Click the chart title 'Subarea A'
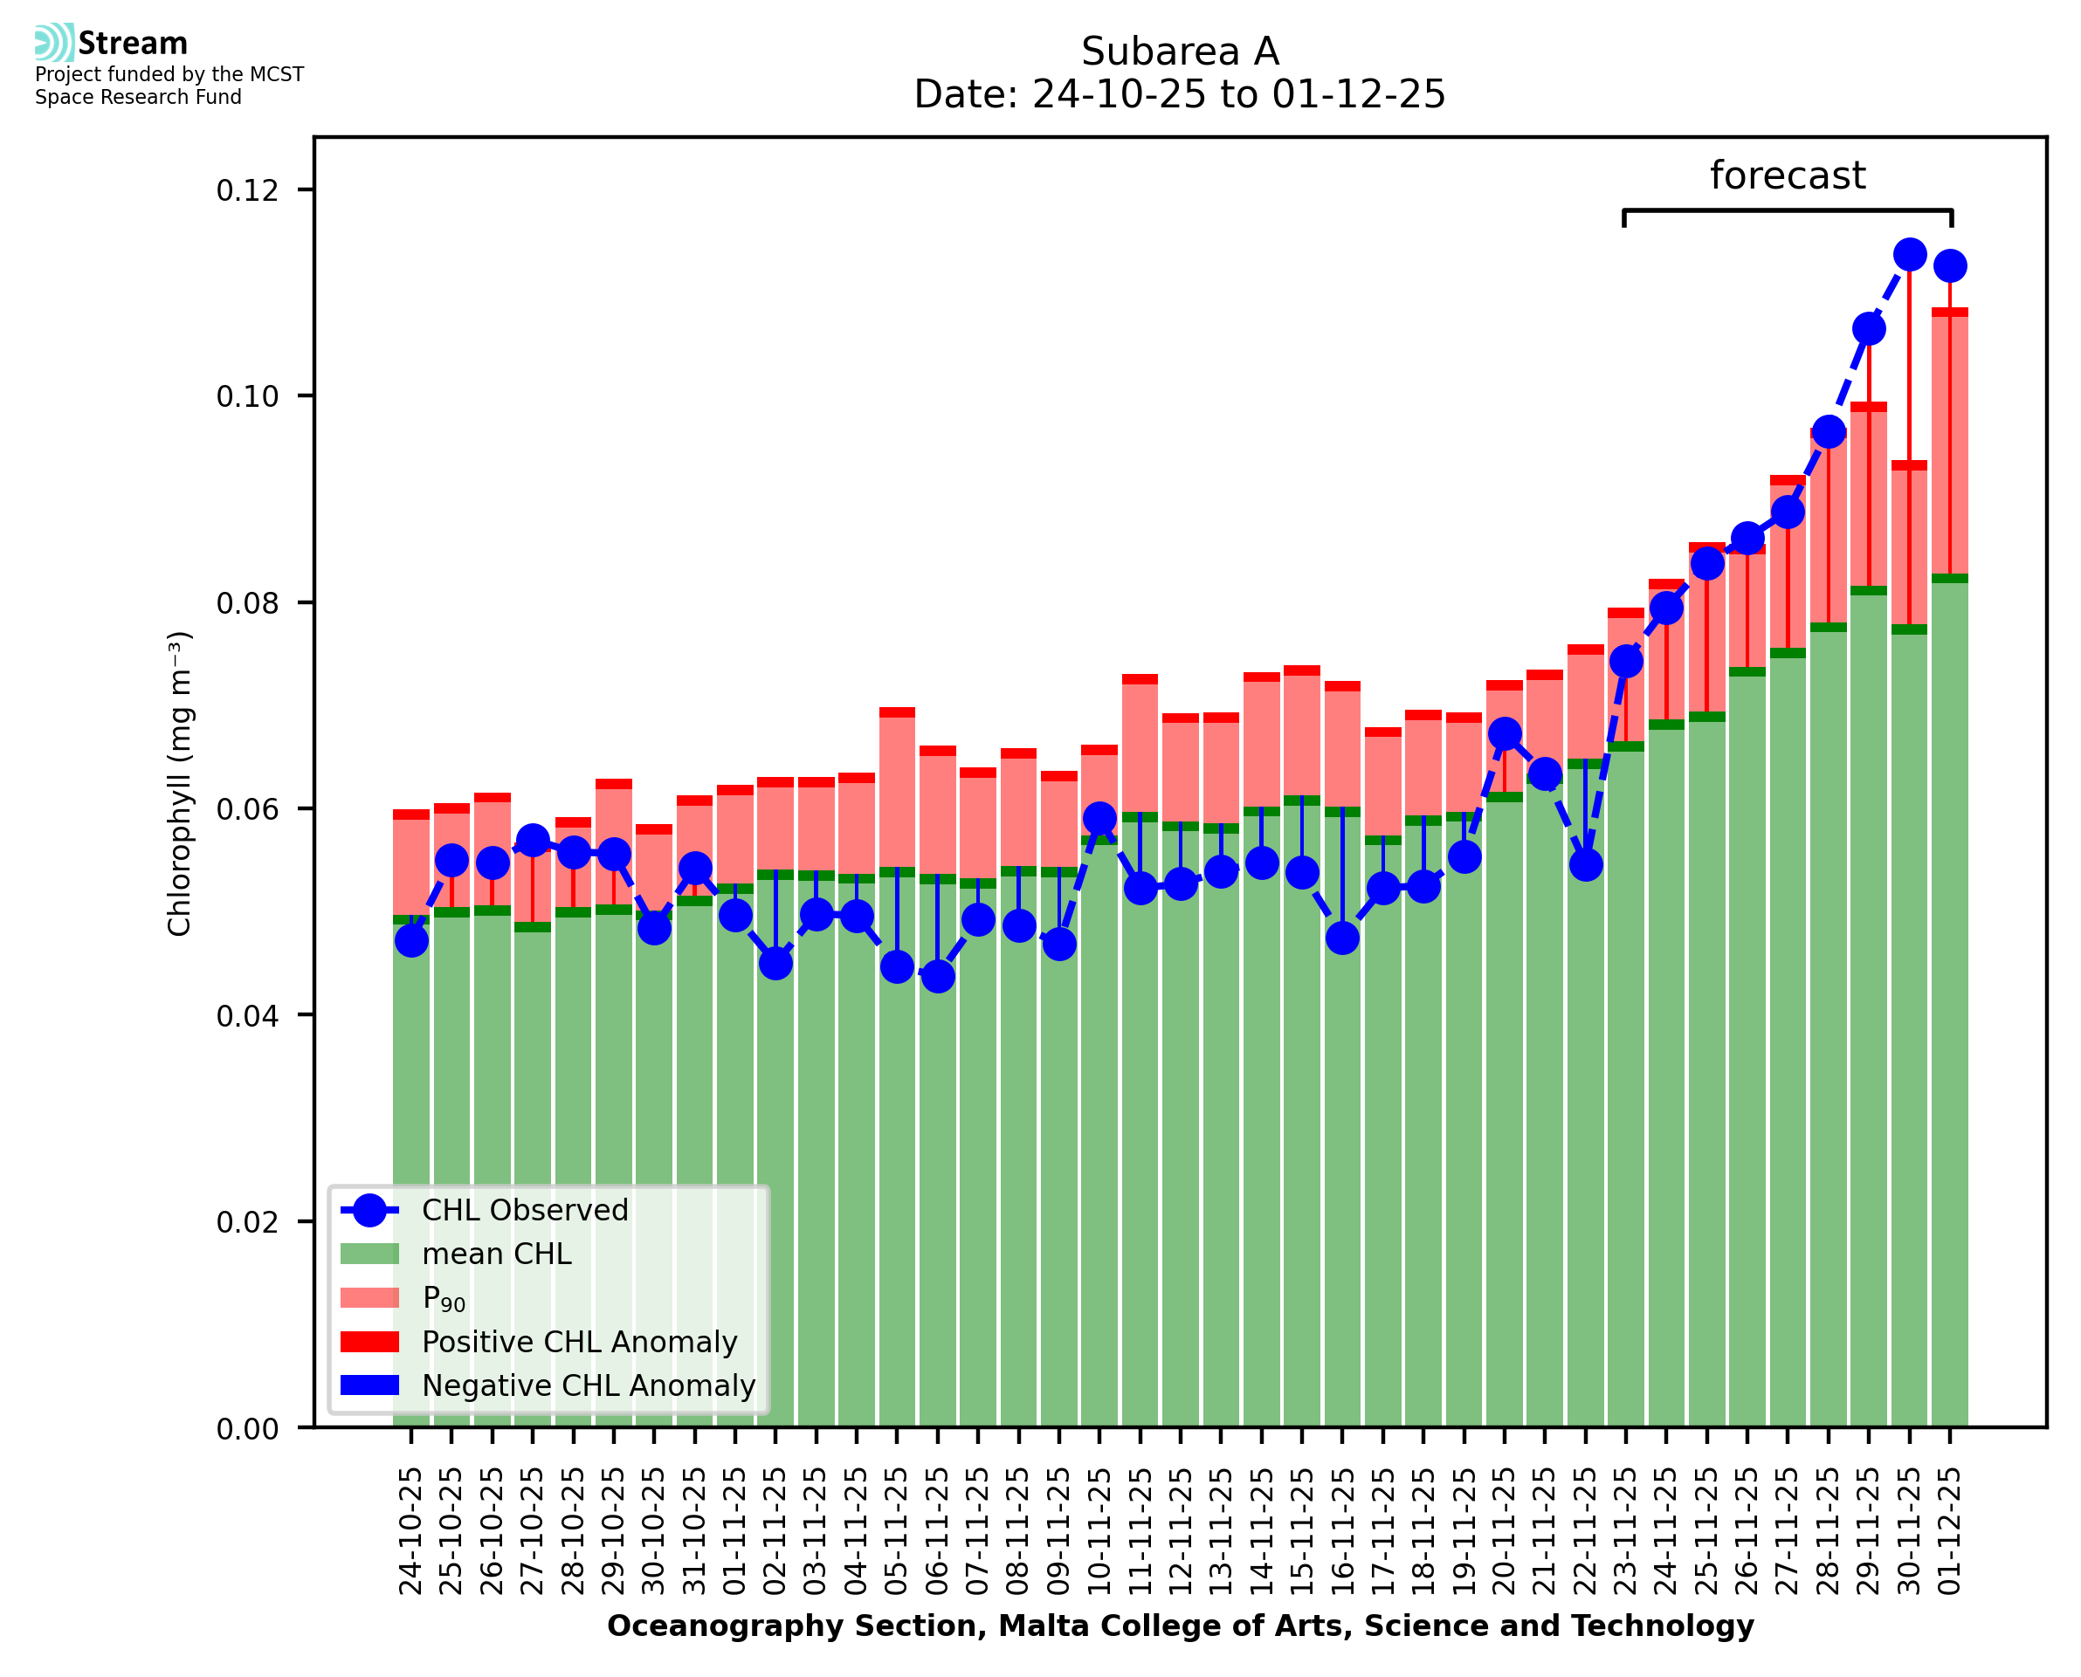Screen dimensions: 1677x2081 coord(1179,52)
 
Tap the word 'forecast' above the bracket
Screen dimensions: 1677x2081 coord(1787,175)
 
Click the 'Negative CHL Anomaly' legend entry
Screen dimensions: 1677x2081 coord(588,1385)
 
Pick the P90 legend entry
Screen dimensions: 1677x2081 coord(444,1298)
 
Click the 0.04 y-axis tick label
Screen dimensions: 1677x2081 coord(247,1016)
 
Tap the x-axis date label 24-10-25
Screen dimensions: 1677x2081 coord(411,1531)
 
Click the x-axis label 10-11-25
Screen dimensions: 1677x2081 coord(1099,1531)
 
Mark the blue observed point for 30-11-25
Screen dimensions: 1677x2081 coord(1909,255)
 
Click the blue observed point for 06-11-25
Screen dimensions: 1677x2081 coord(937,977)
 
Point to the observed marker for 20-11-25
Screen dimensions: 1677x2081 coord(1505,733)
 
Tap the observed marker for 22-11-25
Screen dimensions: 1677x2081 coord(1585,864)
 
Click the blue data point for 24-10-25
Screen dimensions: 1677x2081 coord(411,940)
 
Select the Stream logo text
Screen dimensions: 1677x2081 coord(133,44)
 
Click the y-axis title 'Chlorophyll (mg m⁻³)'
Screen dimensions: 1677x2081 coord(180,783)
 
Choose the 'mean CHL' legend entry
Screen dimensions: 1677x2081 coord(496,1254)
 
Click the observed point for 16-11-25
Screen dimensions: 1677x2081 coord(1342,937)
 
